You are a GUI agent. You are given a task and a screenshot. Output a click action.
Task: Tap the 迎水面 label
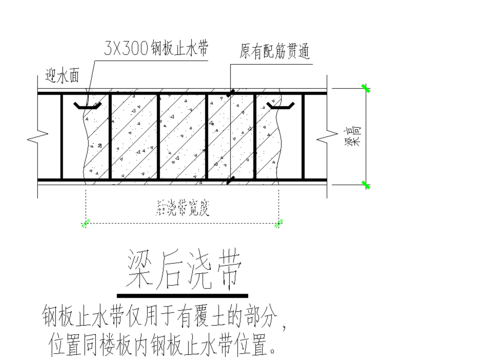(63, 73)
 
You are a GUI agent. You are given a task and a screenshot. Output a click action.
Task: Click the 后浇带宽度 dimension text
(186, 210)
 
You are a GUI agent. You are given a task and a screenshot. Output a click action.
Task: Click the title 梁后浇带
(186, 267)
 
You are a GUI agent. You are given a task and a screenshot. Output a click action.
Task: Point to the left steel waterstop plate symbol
(88, 104)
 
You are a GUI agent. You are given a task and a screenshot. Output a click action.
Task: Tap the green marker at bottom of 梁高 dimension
(367, 184)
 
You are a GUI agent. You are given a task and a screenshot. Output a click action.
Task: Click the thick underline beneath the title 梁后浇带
(186, 296)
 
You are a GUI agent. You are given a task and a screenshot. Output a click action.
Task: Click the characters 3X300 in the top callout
(125, 48)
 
